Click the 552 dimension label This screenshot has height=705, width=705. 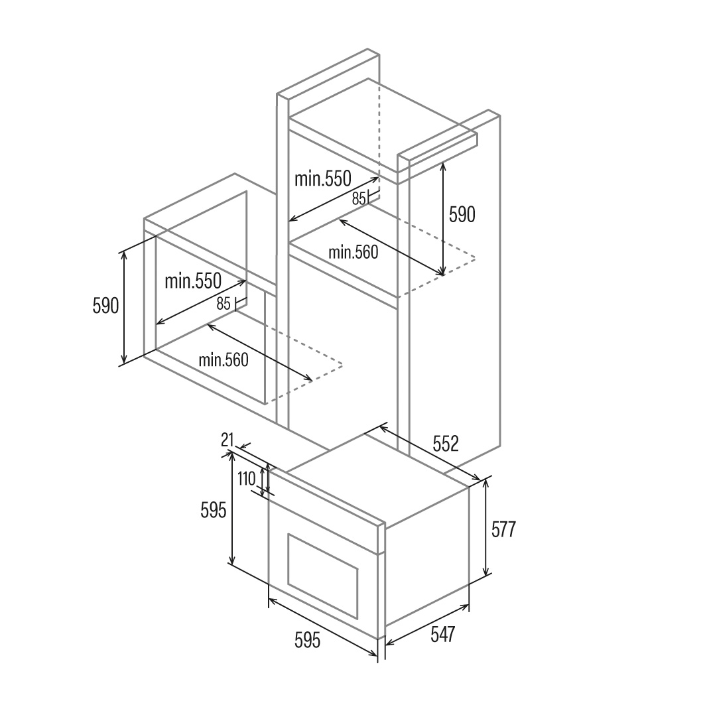coord(446,444)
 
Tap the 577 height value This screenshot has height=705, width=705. coord(503,529)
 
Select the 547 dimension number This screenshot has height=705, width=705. coord(443,635)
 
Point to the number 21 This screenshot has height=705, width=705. coord(227,440)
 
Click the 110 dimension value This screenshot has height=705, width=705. coord(247,479)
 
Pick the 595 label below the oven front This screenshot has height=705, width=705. coord(308,640)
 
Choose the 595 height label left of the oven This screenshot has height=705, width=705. coord(213,510)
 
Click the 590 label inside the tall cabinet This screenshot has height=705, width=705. coord(462,214)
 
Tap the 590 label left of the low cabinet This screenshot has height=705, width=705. coord(105,306)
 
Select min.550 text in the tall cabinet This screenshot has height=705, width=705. coord(323,179)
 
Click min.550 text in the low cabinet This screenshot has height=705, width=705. coord(193,281)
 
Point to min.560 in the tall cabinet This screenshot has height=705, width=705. coord(353,252)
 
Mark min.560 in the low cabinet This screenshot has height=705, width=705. coord(224,359)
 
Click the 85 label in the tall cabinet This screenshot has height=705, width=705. coord(359,198)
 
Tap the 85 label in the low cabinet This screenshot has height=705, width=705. coord(223,304)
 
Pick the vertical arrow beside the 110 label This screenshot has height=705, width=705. coord(268,479)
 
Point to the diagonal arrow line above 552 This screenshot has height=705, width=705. coord(430,453)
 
